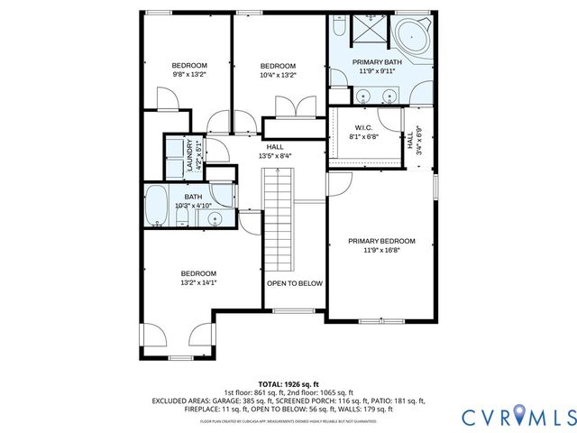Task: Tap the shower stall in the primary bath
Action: pos(366,32)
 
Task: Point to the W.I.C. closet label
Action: pos(363,127)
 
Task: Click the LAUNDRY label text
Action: pos(189,155)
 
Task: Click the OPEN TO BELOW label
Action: pos(293,283)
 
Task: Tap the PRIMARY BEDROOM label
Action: pos(382,241)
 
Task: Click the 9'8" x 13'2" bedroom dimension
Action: pos(190,75)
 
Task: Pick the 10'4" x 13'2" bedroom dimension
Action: pos(278,75)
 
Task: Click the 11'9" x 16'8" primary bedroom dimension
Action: pos(382,251)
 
